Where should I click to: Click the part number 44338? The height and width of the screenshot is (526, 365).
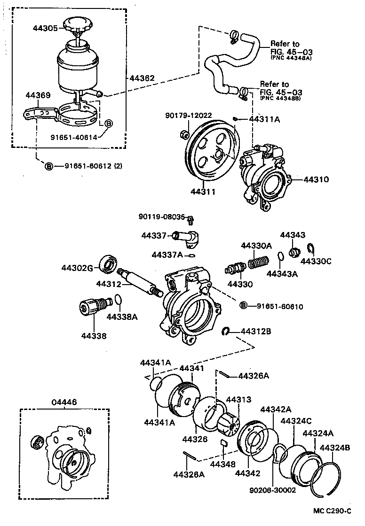tap(94, 336)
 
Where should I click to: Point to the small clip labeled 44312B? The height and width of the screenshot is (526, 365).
tap(226, 332)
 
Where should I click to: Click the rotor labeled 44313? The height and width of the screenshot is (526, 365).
tap(228, 421)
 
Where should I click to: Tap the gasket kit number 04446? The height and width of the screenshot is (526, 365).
tap(64, 402)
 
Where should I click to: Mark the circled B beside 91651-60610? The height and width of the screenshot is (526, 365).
tap(244, 306)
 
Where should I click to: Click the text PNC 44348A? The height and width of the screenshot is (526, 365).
tap(291, 58)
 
